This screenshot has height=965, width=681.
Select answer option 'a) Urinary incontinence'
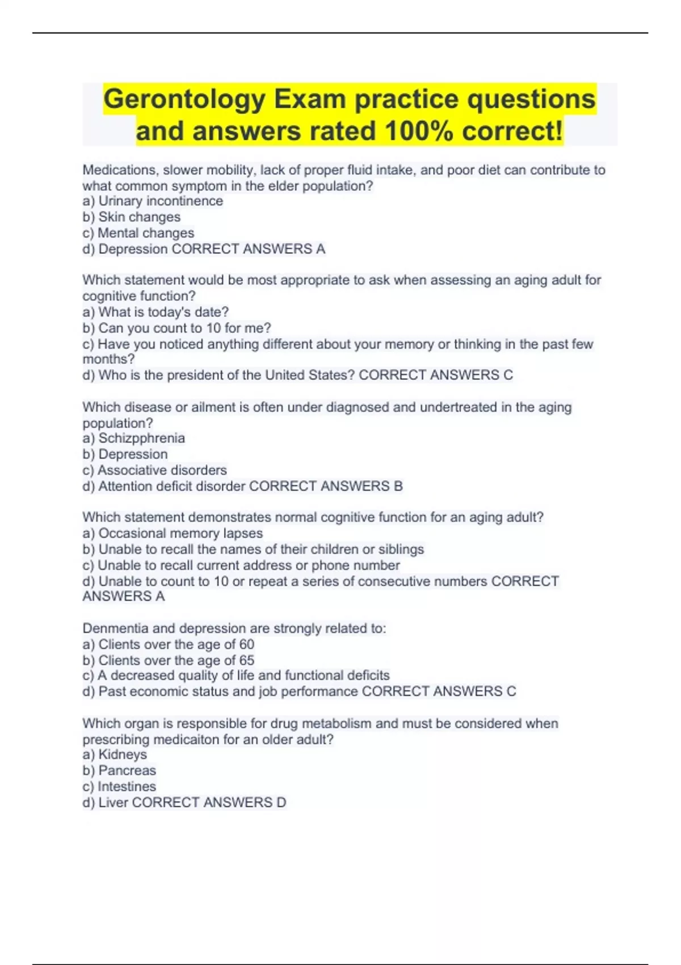click(153, 201)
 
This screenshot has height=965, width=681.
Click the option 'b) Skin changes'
click(132, 217)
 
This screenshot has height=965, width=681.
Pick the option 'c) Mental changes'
click(138, 233)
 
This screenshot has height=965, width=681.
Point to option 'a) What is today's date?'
click(155, 312)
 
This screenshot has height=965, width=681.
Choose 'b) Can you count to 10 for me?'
click(176, 328)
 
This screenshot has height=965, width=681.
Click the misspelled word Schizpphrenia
click(141, 438)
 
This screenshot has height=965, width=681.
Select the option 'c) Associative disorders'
click(154, 470)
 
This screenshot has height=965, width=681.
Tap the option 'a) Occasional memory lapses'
click(173, 533)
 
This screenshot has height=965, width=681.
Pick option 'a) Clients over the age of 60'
click(168, 644)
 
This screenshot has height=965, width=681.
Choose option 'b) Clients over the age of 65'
click(168, 660)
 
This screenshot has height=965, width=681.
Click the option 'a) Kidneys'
click(115, 754)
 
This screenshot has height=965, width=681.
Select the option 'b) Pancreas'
click(119, 770)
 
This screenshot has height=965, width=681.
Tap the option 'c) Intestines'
click(119, 786)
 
